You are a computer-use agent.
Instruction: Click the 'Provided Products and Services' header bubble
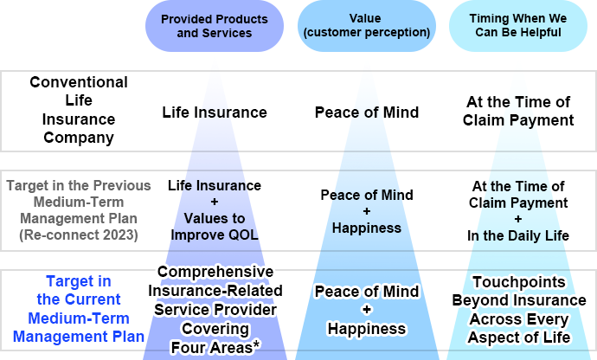214,27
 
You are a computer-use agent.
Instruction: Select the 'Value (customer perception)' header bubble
366,25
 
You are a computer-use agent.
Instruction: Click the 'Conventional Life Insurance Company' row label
78,109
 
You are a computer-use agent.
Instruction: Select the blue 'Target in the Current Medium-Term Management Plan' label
78,308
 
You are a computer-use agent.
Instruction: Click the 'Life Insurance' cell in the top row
215,112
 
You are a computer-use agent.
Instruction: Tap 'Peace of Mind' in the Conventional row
366,112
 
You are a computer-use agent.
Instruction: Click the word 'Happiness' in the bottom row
366,328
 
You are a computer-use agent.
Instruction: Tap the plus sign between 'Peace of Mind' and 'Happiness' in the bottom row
366,309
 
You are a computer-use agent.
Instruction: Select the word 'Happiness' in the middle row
366,228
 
